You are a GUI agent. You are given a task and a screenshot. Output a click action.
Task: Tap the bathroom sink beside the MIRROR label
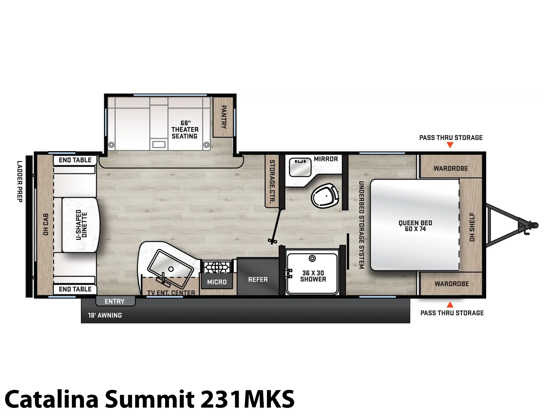(x=300, y=167)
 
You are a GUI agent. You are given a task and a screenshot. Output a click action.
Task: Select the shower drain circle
(x=312, y=259)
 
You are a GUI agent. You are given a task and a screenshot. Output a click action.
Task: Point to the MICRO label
(x=217, y=282)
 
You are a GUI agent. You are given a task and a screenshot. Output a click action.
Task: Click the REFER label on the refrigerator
(x=258, y=279)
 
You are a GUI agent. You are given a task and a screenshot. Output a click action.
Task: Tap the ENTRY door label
(x=114, y=301)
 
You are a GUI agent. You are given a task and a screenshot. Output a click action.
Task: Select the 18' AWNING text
(x=105, y=315)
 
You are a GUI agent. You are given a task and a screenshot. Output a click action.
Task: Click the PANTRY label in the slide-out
(x=224, y=117)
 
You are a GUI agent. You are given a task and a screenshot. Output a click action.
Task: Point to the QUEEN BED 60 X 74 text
(x=415, y=226)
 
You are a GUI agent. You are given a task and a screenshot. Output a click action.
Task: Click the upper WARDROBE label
(x=451, y=169)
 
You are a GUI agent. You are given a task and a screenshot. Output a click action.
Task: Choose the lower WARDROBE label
(x=452, y=284)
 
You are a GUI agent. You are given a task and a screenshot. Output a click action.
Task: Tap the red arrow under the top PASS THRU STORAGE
(x=450, y=145)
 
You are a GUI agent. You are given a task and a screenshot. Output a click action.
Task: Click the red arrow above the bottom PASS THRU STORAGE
(x=450, y=304)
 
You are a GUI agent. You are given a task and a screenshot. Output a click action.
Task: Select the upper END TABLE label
(x=75, y=160)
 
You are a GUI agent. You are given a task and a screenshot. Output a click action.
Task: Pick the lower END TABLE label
(x=75, y=289)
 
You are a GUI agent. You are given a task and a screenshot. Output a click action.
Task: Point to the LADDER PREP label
(x=20, y=181)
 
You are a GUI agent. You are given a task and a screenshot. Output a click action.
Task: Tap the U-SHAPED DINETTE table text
(x=82, y=225)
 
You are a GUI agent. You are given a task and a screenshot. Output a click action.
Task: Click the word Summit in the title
(x=150, y=399)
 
